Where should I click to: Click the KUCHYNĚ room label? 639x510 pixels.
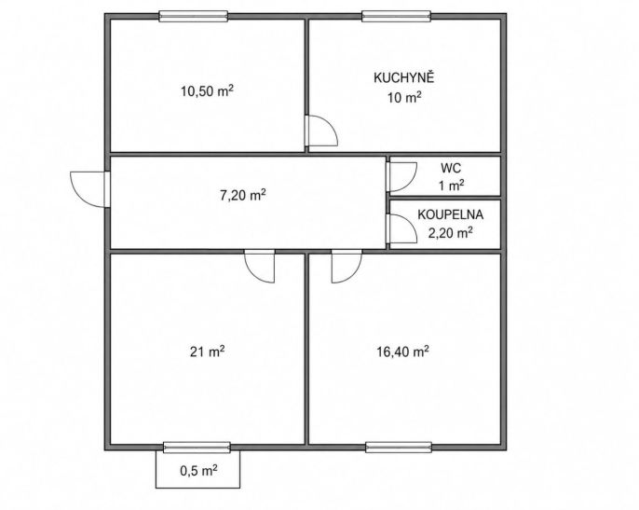coord(404,77)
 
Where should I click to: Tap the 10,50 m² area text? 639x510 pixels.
coord(207,90)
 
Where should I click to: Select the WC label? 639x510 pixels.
coord(451,168)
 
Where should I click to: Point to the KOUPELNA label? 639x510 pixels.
coord(450,214)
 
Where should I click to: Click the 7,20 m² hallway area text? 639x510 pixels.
coord(243,195)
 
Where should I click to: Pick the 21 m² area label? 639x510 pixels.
coord(207,351)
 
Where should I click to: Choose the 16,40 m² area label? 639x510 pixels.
coord(402,351)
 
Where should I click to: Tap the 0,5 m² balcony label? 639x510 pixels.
coord(198,471)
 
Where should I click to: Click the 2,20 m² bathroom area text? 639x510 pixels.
coord(450,233)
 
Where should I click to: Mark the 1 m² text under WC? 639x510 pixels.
coord(451,186)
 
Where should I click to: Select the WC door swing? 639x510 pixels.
coord(401,176)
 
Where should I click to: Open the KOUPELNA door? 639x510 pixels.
coord(401,228)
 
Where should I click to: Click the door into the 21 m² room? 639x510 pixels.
coord(260,267)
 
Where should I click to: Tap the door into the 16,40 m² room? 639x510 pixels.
coord(347,267)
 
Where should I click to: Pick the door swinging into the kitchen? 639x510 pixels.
coord(321,131)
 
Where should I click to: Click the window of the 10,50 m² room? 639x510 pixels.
coord(193,16)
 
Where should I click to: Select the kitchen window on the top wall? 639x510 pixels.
coord(397,16)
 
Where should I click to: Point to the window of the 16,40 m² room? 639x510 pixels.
coord(399,448)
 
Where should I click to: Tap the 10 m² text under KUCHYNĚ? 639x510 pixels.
coord(404,98)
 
